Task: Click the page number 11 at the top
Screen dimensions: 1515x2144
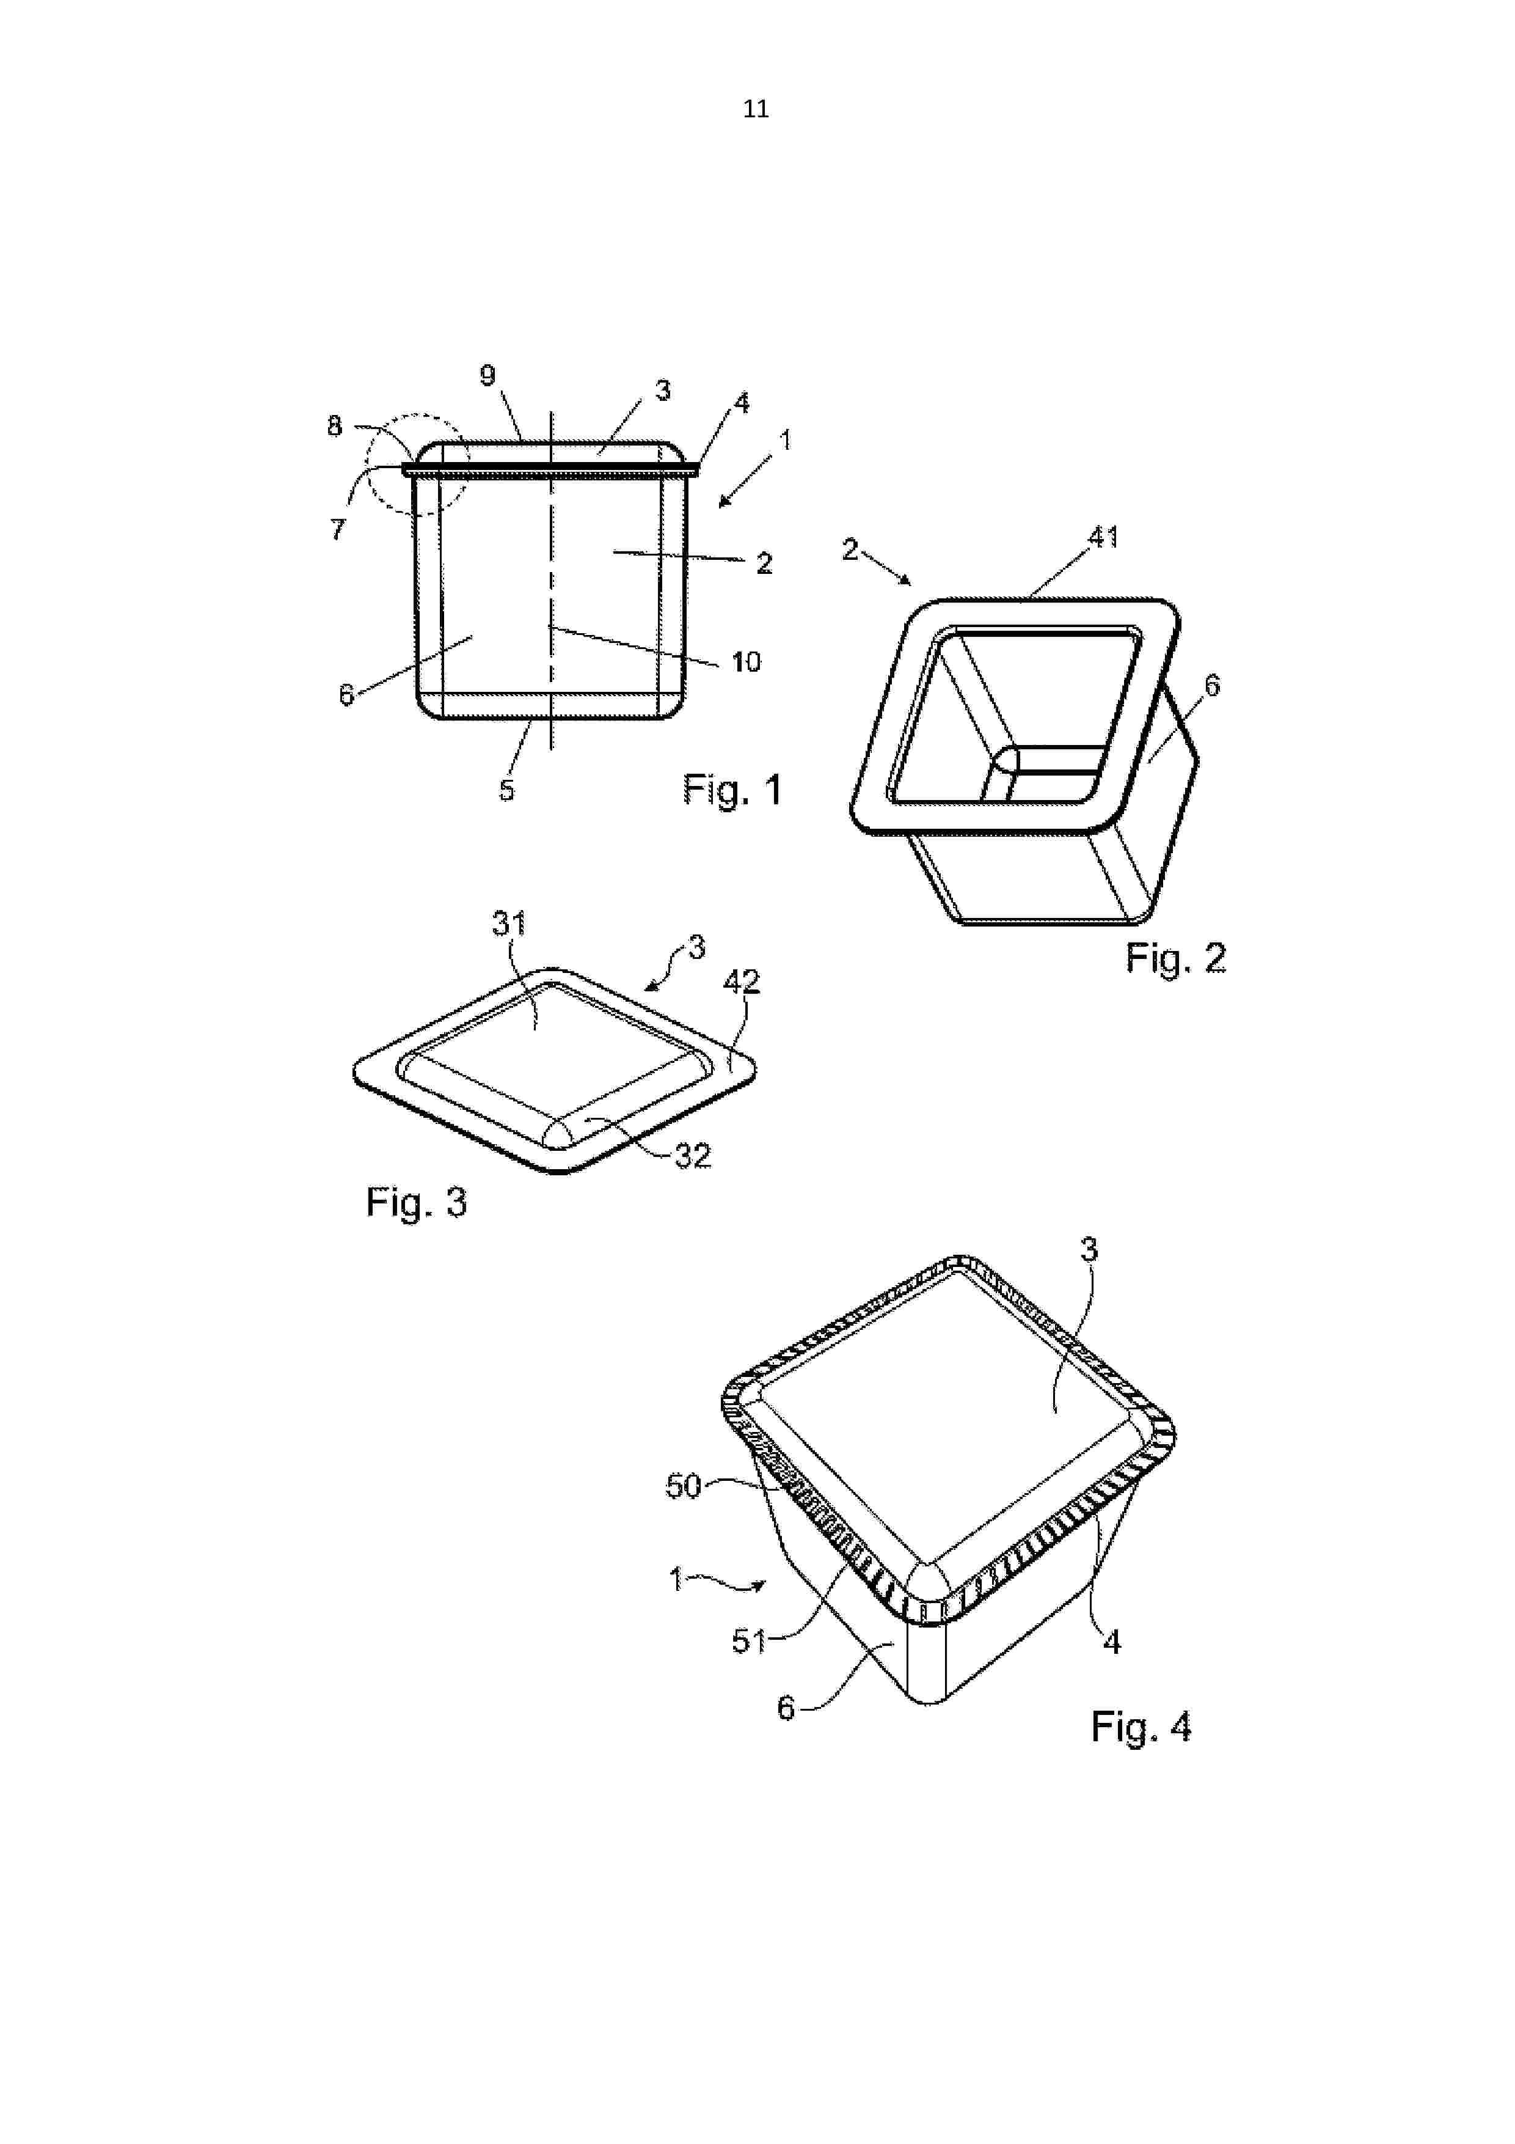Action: [756, 109]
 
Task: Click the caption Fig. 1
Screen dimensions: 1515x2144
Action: [732, 790]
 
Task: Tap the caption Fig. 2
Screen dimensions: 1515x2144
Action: [1175, 958]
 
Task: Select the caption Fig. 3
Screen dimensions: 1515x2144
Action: [417, 1203]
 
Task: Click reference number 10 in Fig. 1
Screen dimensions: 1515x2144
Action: [746, 662]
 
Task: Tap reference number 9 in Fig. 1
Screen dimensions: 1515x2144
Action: [487, 375]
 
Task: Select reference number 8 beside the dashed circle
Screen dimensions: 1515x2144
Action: [334, 426]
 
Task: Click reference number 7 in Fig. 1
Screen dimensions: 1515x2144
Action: [338, 529]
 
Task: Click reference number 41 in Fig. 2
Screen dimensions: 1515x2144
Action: [1103, 537]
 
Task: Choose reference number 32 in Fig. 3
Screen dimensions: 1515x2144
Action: [693, 1156]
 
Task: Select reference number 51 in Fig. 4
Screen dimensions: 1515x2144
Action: [748, 1640]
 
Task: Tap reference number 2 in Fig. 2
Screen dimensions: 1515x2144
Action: [850, 549]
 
